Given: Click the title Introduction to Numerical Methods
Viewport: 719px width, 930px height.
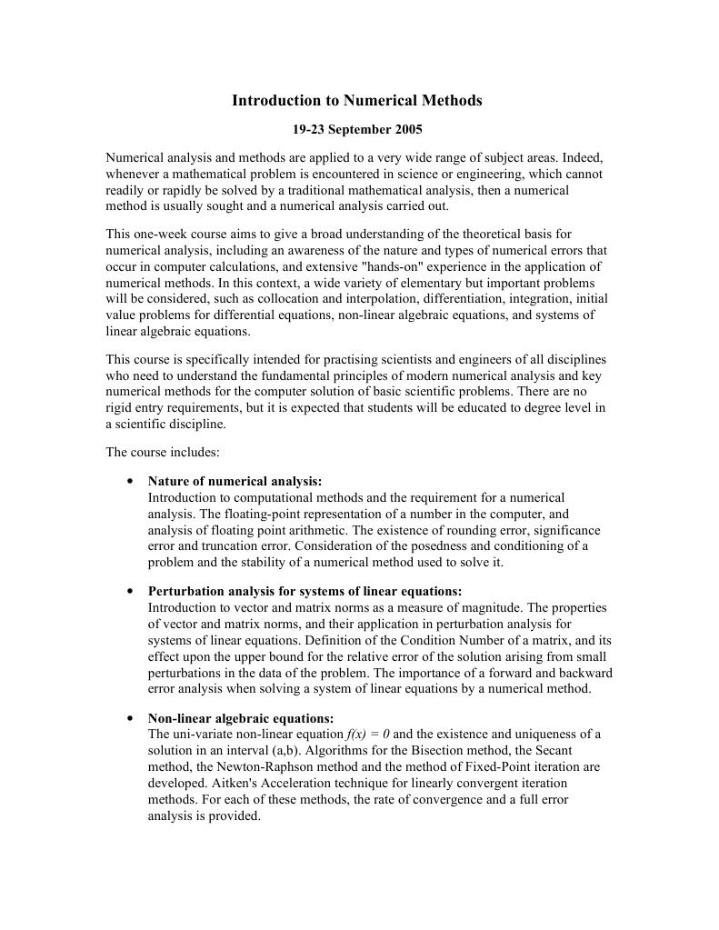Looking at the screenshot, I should coord(357,100).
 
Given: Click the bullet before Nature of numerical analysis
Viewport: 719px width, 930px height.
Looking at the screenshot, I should coord(131,482).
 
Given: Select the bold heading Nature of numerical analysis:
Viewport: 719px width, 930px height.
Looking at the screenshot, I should coord(235,482).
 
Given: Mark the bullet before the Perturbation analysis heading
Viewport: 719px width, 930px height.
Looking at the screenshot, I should coord(131,592).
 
